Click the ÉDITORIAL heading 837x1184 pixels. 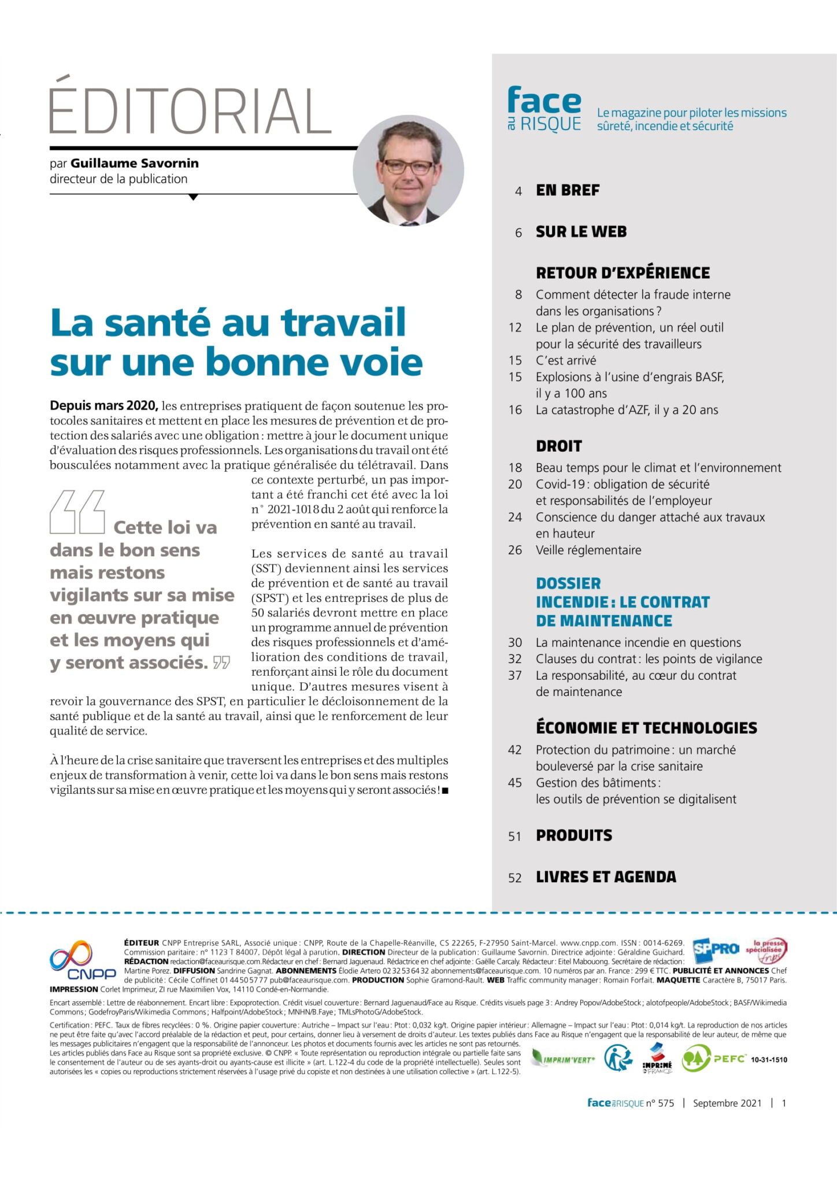190,110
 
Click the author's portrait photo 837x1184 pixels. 408,170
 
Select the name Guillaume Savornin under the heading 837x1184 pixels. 135,163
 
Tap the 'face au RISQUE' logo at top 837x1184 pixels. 544,110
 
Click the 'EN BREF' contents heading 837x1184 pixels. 568,190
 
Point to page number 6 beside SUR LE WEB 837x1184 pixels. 518,232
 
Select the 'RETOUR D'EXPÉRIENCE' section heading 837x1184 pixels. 623,273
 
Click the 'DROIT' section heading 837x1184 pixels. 558,446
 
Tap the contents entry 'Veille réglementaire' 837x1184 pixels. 588,550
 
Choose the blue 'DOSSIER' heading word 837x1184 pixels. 568,583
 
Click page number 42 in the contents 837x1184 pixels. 514,750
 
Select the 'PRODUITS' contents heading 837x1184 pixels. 573,835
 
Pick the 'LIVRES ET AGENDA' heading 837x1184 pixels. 606,876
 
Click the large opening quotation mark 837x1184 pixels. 77,512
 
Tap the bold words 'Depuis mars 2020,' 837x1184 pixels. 104,405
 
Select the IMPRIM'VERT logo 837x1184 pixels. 562,1059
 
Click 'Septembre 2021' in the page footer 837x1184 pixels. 727,1102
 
